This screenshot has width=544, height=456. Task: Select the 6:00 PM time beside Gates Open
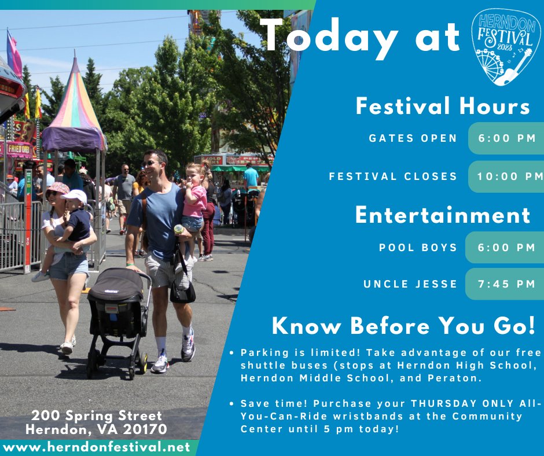coord(507,139)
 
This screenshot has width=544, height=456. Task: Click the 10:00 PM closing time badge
coord(507,176)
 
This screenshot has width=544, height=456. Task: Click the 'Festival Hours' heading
coord(443,106)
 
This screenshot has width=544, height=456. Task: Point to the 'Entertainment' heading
coord(443,215)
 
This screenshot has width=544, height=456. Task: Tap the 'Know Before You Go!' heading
coord(403,326)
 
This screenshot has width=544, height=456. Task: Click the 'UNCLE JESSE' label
coord(410,284)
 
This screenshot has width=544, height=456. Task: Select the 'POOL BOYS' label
coord(418,248)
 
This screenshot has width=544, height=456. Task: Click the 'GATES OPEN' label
coord(413,139)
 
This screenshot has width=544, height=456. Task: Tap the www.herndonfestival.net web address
coord(96,447)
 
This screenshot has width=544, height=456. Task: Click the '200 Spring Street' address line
coord(97,416)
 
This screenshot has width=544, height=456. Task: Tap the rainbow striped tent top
coord(73,104)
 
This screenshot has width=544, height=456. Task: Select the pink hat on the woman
coord(58,188)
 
